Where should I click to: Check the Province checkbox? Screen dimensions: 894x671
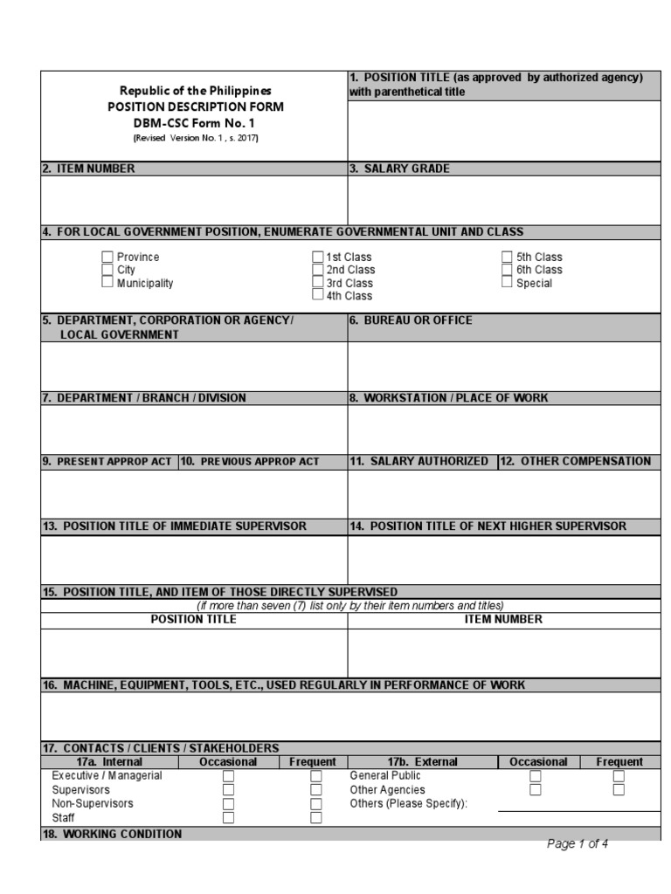coord(107,257)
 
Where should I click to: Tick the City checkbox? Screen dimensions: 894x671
coord(107,270)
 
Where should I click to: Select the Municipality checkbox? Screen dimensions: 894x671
coord(107,282)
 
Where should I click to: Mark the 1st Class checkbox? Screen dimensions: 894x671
coord(318,257)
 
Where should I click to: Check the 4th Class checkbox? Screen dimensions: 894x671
coord(318,296)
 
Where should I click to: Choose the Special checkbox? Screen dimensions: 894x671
coord(507,283)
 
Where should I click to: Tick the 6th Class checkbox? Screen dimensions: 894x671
coord(507,270)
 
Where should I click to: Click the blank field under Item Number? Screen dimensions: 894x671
coord(194,200)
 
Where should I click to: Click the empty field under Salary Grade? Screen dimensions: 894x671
coord(504,200)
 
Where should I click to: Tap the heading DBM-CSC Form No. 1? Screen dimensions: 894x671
coord(195,123)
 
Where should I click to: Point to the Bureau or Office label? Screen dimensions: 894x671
coord(411,320)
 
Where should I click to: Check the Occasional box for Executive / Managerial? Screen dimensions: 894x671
coord(228,775)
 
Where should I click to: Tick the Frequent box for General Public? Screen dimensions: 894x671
coord(619,775)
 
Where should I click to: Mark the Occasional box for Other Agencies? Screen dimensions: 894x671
coord(536,789)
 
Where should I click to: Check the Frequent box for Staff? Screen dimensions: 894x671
coord(316,818)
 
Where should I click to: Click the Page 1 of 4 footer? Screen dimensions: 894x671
coord(578,843)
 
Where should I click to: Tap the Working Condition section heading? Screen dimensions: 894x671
coord(112,834)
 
